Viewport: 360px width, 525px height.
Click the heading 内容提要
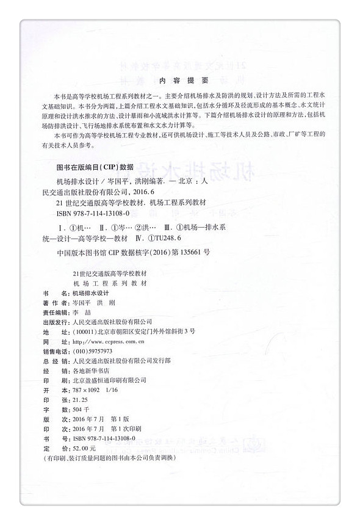coord(179,81)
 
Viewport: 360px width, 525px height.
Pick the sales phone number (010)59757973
coord(92,352)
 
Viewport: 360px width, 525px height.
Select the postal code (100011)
coord(84,331)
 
